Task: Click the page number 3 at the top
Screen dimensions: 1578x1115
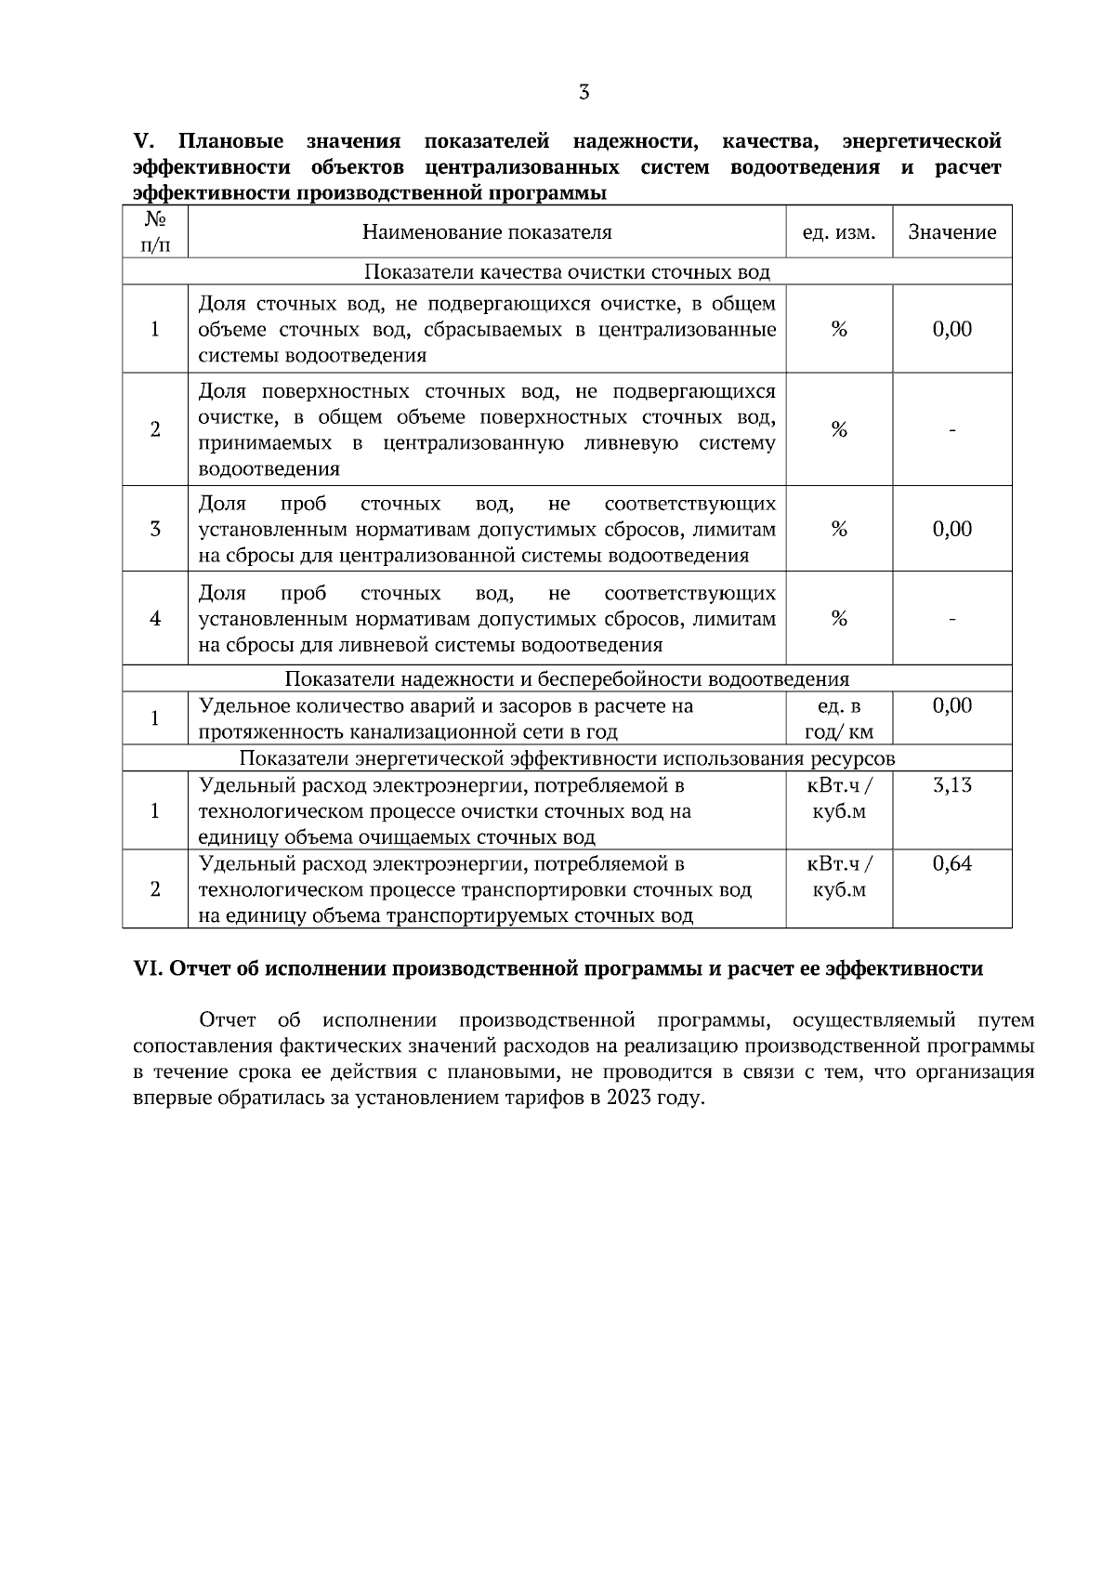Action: pyautogui.click(x=584, y=92)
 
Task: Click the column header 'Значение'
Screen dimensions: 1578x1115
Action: pyautogui.click(x=951, y=232)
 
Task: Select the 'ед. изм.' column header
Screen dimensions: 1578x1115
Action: pyautogui.click(x=838, y=232)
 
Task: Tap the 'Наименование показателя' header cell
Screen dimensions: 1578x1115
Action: pyautogui.click(x=487, y=232)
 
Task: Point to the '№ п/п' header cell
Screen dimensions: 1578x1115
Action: pyautogui.click(x=155, y=232)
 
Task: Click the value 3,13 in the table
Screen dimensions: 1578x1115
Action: pyautogui.click(x=951, y=785)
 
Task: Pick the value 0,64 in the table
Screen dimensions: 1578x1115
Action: pyautogui.click(x=951, y=864)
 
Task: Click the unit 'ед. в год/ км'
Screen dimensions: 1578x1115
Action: pyautogui.click(x=838, y=718)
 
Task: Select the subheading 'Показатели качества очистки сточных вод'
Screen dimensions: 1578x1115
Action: pyautogui.click(x=566, y=272)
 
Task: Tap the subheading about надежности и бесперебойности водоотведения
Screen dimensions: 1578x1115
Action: pyautogui.click(x=566, y=679)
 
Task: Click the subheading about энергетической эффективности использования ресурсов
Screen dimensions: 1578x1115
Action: pyautogui.click(x=566, y=758)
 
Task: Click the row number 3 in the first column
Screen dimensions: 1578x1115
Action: pyautogui.click(x=155, y=530)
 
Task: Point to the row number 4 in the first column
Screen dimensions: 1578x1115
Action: pyautogui.click(x=155, y=619)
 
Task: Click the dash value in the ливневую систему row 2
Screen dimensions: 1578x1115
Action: pyautogui.click(x=951, y=429)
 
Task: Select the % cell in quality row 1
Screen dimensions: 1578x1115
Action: pyautogui.click(x=838, y=329)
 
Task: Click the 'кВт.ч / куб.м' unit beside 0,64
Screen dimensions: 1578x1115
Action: pyautogui.click(x=838, y=876)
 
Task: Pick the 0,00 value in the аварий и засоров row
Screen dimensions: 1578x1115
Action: pyautogui.click(x=951, y=705)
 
